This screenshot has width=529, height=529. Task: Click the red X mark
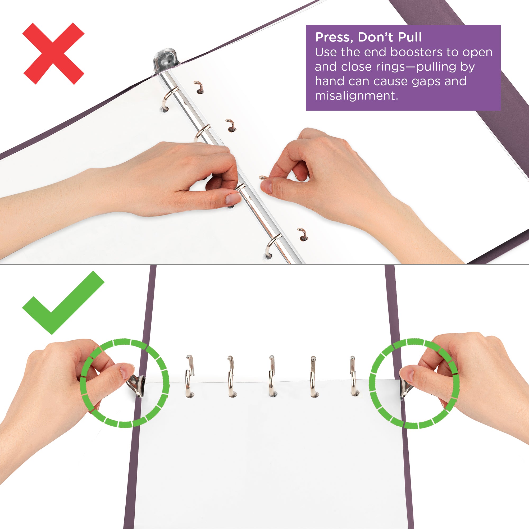tap(53, 54)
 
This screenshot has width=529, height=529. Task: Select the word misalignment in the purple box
tap(356, 96)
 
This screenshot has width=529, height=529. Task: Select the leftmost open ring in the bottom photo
tap(189, 376)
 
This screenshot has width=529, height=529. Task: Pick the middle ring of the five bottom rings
tap(271, 376)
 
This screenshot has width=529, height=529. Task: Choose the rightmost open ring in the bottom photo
tap(353, 376)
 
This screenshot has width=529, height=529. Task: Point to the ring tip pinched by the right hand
tap(263, 178)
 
